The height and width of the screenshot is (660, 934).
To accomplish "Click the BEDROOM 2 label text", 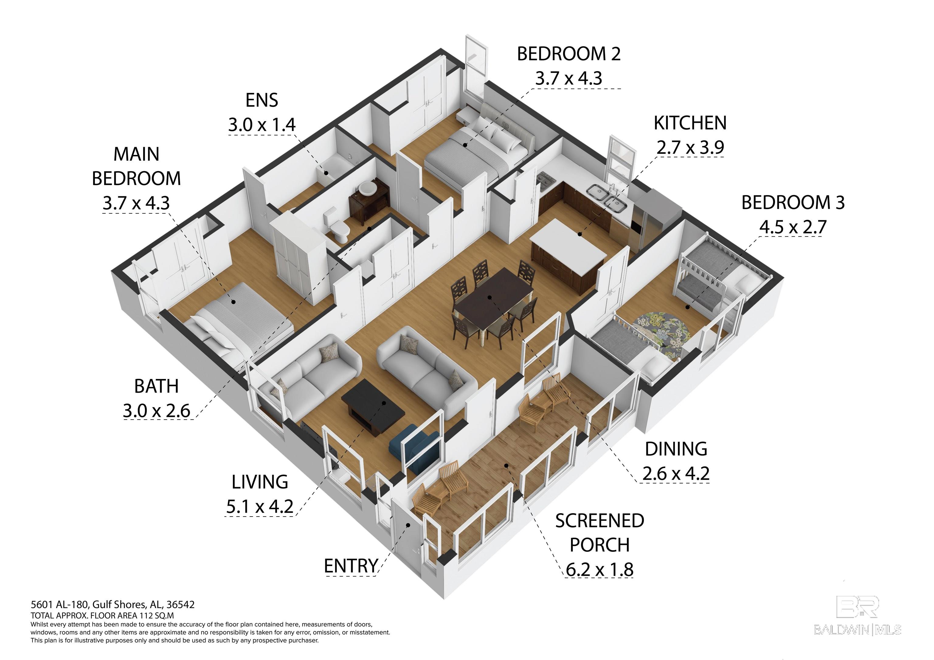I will pos(568,54).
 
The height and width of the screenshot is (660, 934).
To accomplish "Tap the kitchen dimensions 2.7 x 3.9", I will pos(690,147).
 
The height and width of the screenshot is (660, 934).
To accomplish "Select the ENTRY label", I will pos(351,566).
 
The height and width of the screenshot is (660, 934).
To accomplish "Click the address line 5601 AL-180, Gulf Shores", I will pos(113,605).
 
